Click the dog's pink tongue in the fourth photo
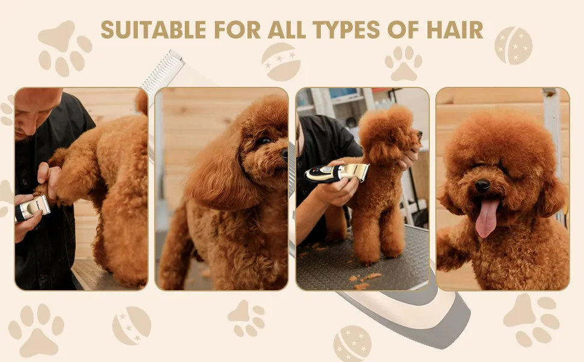[487, 218]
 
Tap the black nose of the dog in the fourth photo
[483, 186]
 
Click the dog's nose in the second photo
[284, 153]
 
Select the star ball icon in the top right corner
[513, 45]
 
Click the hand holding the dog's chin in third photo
[409, 158]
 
